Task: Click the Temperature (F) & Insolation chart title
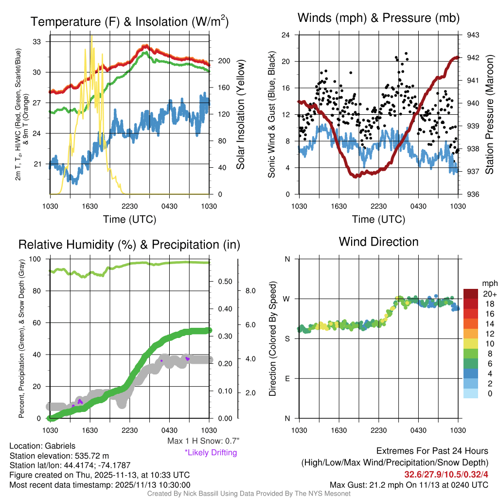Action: click(x=129, y=22)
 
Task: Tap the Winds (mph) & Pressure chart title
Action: click(x=378, y=18)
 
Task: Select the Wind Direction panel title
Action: click(x=378, y=242)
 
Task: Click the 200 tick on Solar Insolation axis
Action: click(x=224, y=61)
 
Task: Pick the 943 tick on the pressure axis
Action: click(x=473, y=35)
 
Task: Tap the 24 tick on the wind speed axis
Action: click(x=286, y=35)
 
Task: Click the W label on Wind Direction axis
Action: click(x=287, y=299)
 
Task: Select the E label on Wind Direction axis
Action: click(x=287, y=378)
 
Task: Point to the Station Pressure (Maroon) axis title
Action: click(x=490, y=115)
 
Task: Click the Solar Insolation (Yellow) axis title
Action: click(x=241, y=115)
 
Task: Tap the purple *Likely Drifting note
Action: click(x=211, y=453)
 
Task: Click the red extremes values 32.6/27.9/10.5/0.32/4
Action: click(x=446, y=474)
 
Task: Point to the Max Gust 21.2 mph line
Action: click(x=409, y=485)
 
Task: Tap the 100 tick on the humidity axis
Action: click(x=37, y=259)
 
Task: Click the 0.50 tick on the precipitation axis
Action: click(x=251, y=282)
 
